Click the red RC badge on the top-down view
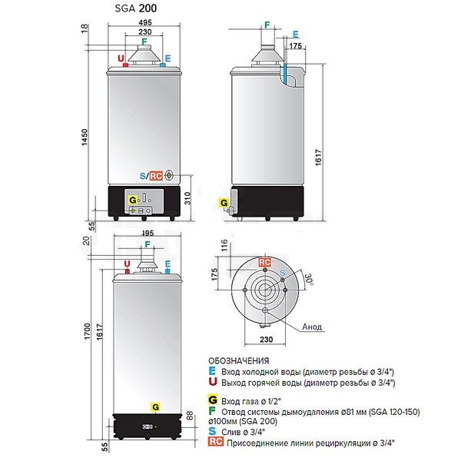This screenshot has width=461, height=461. [264, 263]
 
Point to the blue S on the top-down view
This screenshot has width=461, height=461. [283, 272]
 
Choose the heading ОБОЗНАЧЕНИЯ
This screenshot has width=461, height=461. [239, 360]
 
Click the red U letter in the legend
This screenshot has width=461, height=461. [212, 382]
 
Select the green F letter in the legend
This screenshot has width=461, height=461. [212, 410]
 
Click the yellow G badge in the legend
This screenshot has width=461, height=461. [212, 400]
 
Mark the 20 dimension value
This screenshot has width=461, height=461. [85, 240]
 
